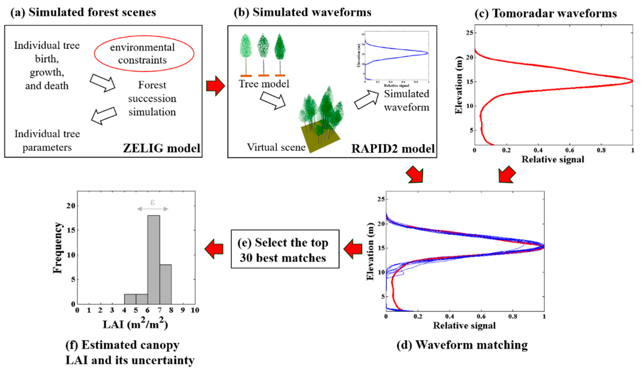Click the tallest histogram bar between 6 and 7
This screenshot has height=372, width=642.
coord(154,260)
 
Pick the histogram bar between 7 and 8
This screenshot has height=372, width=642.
coord(166,284)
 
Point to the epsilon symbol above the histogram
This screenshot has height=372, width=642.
coord(153,203)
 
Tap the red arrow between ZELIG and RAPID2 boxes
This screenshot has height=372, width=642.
coord(215,86)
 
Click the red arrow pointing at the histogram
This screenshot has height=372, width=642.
coord(214,249)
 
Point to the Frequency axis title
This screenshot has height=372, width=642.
coord(58,248)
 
